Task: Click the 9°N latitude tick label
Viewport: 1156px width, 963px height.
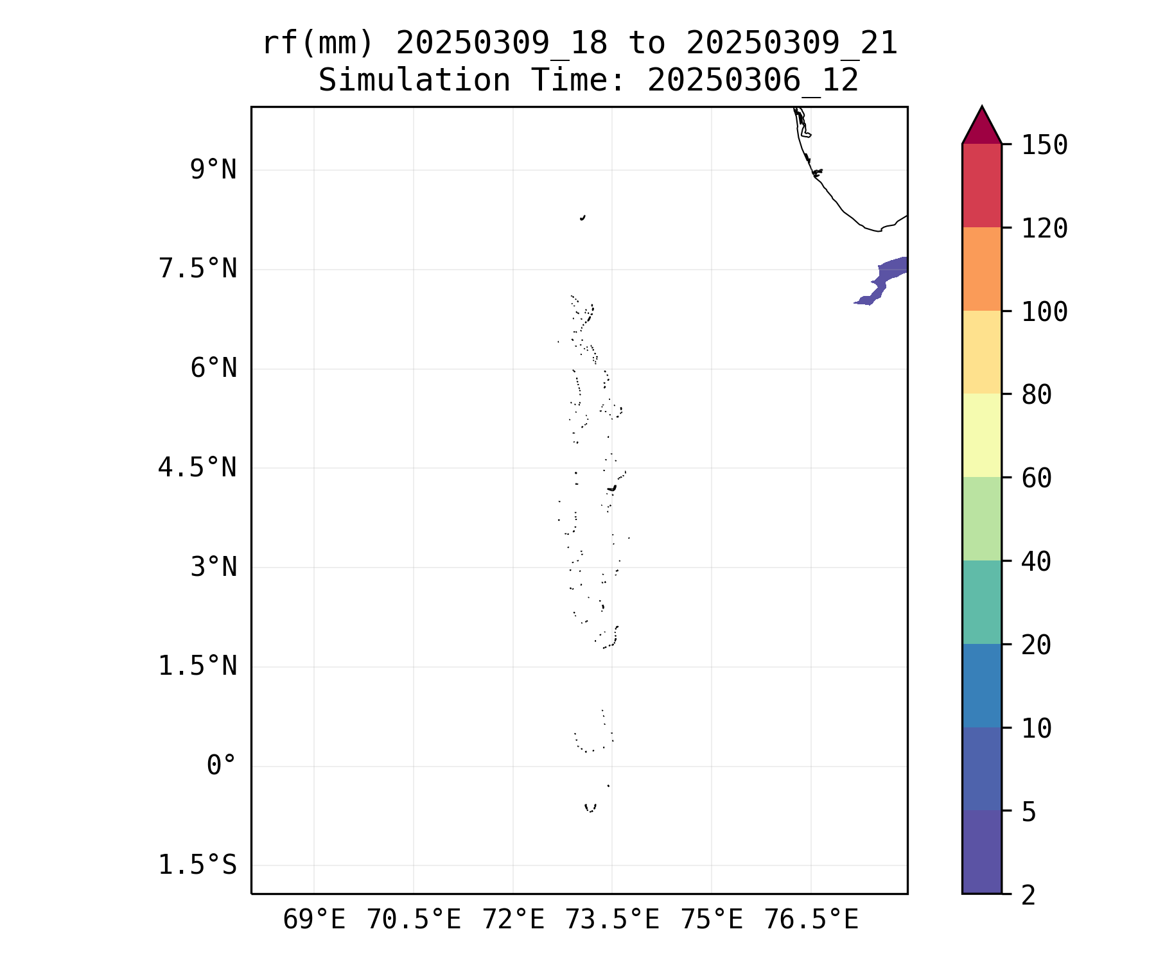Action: (213, 170)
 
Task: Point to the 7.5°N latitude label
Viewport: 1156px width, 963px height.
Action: (198, 269)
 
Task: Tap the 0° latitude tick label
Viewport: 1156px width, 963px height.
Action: (222, 765)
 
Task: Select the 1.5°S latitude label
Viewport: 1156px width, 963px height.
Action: (198, 865)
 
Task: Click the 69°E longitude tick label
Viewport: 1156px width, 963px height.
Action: (314, 920)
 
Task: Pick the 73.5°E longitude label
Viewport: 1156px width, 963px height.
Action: (612, 920)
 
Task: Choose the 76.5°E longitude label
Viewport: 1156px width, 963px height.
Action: (810, 920)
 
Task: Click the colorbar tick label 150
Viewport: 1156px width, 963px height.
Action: (1044, 145)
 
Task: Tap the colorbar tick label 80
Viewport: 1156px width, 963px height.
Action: (1037, 395)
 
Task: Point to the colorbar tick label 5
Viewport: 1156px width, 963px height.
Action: (1029, 812)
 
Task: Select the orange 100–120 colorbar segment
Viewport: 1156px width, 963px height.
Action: (981, 269)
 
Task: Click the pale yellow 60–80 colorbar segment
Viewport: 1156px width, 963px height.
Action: (981, 435)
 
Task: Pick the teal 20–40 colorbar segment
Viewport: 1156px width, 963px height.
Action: (981, 602)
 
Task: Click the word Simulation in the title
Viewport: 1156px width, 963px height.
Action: (414, 81)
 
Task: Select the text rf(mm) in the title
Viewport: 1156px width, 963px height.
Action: (318, 44)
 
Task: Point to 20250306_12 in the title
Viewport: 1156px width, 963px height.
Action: (753, 81)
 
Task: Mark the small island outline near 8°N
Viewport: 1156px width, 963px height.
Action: (582, 218)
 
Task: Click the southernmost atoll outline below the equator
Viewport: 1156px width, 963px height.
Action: (590, 808)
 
